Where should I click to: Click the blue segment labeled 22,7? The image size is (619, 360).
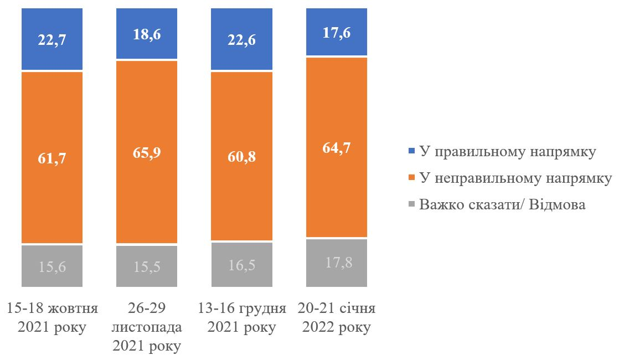(x=52, y=39)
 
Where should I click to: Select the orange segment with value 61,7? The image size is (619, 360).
(x=52, y=158)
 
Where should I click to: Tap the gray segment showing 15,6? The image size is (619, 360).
(x=52, y=266)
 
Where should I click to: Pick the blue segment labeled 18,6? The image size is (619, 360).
(x=147, y=33)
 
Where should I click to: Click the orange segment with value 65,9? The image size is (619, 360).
(x=147, y=152)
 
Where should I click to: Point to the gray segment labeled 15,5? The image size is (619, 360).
(x=147, y=266)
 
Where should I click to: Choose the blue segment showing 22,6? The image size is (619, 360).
(x=242, y=39)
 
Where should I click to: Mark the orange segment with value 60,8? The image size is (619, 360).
(x=242, y=157)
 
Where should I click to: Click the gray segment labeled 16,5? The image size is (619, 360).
(x=242, y=265)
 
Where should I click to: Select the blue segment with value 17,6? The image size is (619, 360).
(x=337, y=32)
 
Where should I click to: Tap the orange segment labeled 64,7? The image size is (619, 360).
(x=337, y=147)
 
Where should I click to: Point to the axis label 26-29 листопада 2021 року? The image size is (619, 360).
(x=147, y=327)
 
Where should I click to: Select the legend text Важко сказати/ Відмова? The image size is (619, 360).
(x=502, y=205)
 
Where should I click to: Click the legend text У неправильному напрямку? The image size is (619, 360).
(x=515, y=178)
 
